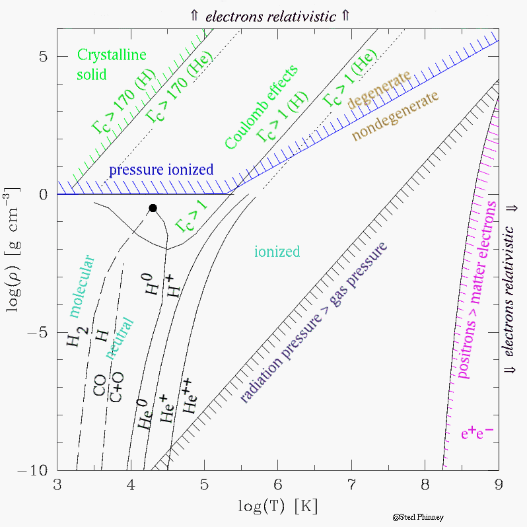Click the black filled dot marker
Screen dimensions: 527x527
point(153,207)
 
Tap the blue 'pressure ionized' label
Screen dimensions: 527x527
point(161,170)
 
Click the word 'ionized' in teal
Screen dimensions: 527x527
point(277,252)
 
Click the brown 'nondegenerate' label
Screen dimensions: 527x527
point(395,116)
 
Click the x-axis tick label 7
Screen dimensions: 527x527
point(351,485)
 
